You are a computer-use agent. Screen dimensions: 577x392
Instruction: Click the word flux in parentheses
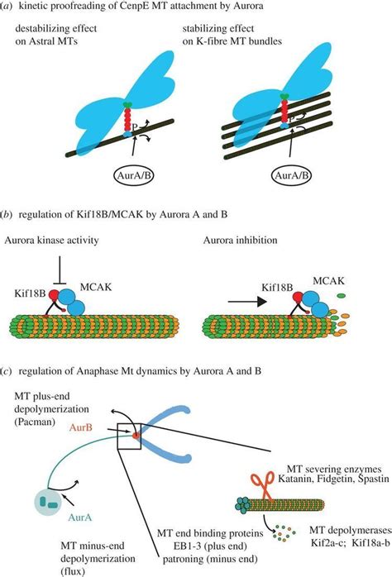(52, 571)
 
